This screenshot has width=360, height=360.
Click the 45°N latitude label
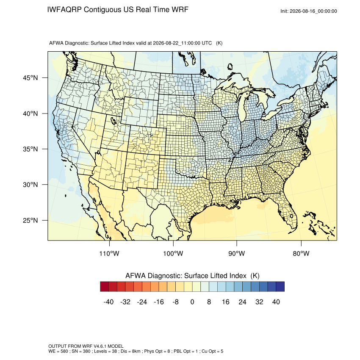tap(30, 78)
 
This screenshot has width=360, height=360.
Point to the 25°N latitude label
tap(30, 220)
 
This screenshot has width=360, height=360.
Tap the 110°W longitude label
tap(109, 253)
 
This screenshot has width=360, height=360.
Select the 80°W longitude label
tap(301, 253)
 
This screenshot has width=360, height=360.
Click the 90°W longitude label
tap(236, 253)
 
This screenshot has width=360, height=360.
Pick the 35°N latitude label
tap(30, 149)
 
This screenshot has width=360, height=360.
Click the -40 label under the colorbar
tap(108, 302)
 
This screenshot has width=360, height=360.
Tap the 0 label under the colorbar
tap(192, 302)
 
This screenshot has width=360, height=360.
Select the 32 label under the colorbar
tap(259, 302)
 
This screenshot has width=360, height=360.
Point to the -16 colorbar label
tap(159, 302)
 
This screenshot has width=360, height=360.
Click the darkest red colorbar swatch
tap(104, 287)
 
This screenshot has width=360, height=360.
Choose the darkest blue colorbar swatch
tap(280, 287)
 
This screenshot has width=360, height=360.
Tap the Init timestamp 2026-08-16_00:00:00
tap(313, 11)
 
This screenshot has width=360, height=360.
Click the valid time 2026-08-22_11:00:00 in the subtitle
tap(177, 43)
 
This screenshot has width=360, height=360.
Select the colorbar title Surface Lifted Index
tap(215, 276)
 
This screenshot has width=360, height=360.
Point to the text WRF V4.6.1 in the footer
tap(96, 346)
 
